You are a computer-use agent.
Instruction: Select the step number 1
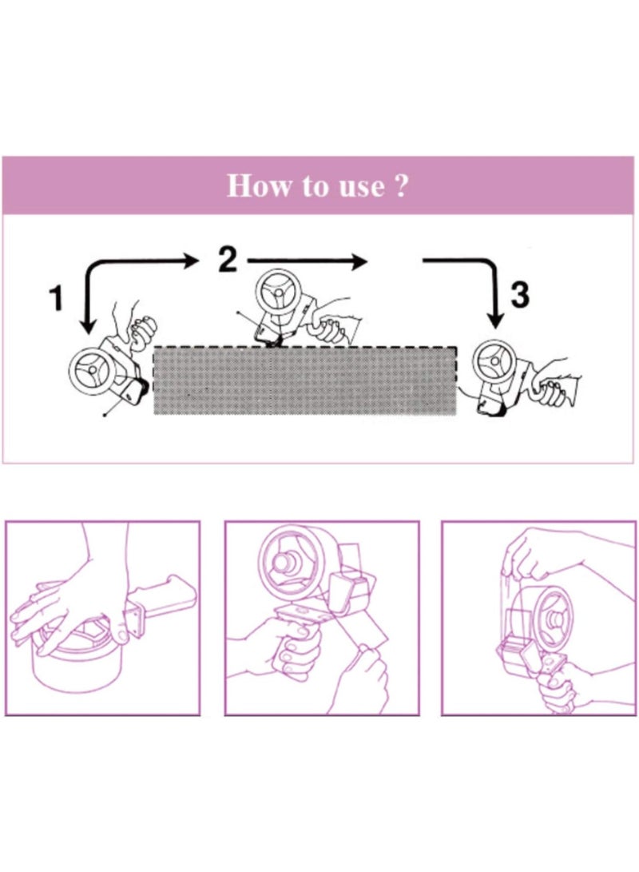[x=55, y=299]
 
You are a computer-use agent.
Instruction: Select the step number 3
[x=519, y=297]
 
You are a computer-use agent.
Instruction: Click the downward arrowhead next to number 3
[x=497, y=320]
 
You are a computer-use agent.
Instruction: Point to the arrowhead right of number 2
[x=360, y=261]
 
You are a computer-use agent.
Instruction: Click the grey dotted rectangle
[x=304, y=380]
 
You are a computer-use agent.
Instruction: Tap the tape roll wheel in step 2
[x=278, y=295]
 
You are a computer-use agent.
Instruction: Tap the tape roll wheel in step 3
[x=495, y=363]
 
